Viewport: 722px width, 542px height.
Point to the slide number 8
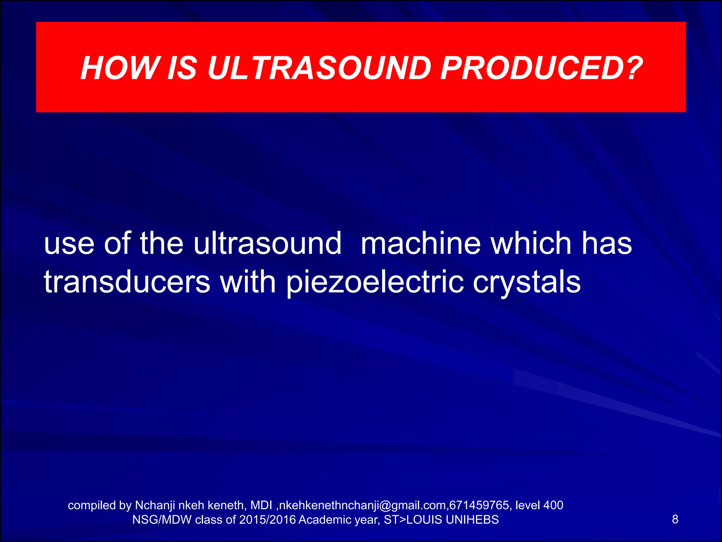[x=675, y=519]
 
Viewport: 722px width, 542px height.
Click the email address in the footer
[x=363, y=505]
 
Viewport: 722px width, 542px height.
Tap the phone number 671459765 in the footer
[x=479, y=505]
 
